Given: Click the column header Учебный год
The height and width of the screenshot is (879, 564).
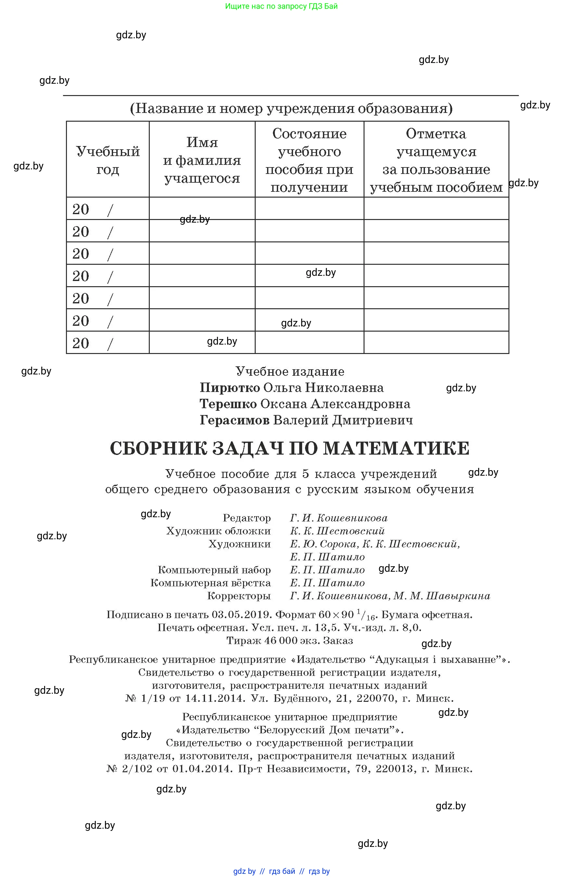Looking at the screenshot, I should tap(108, 160).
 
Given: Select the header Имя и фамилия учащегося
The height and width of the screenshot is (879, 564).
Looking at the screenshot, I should tap(202, 160).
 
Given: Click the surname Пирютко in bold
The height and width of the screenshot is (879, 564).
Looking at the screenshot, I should tap(230, 388).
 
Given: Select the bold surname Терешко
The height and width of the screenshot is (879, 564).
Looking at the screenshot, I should tap(228, 404).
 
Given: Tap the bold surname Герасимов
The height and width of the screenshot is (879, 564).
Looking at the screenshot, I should tap(234, 420).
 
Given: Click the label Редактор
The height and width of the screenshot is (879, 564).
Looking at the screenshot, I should tap(247, 518).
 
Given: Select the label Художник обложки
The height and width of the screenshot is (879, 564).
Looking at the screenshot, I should tap(218, 531).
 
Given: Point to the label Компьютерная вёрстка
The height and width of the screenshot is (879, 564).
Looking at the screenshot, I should tap(211, 583).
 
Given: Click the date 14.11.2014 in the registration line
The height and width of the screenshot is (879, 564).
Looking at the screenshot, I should tap(215, 698).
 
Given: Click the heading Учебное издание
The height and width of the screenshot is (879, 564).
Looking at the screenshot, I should tap(290, 372).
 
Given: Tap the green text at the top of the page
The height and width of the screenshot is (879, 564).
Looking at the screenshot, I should tap(281, 6).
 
